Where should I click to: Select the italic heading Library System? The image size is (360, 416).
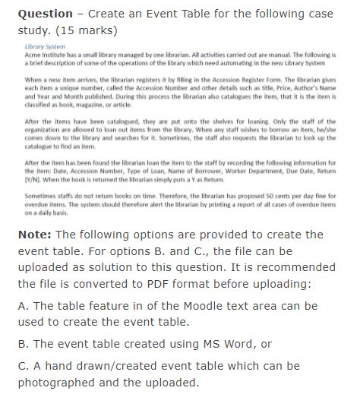click(42, 47)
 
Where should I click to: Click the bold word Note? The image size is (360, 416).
click(34, 234)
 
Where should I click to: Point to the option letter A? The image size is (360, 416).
click(22, 307)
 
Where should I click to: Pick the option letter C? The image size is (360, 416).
click(22, 366)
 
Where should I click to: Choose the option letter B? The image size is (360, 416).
click(22, 344)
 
